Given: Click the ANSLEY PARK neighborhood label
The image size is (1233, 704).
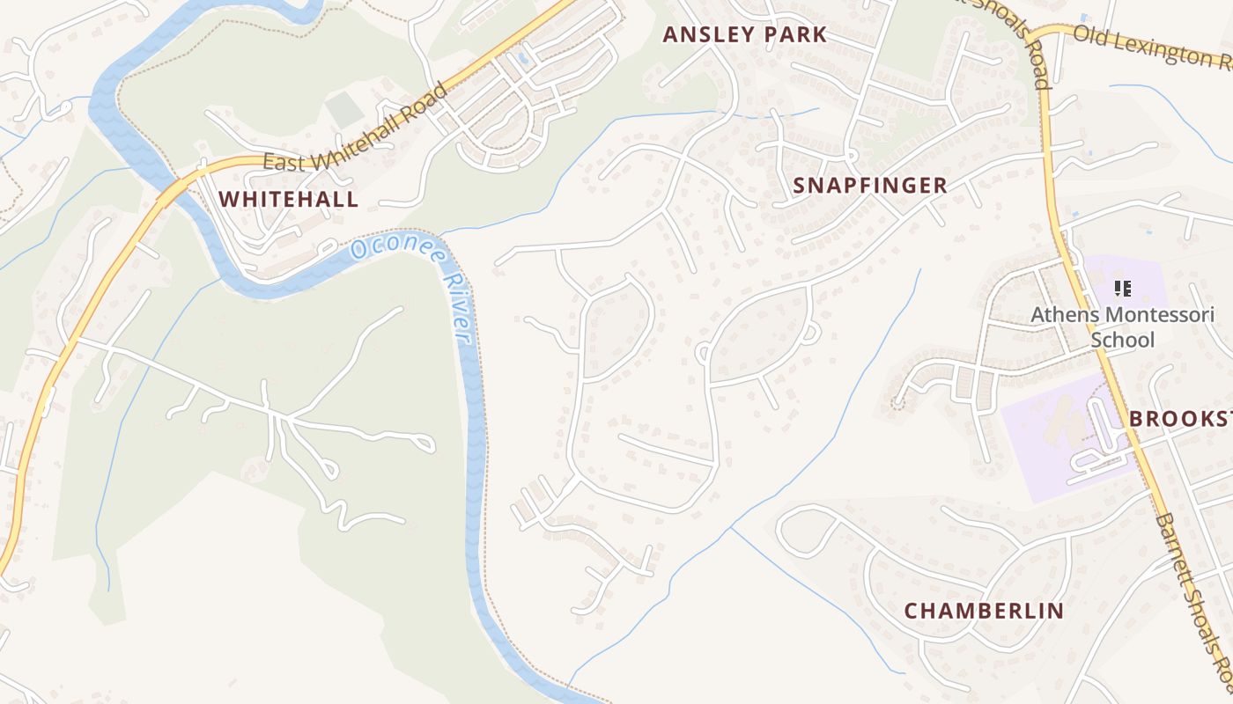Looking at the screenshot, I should coord(744,35).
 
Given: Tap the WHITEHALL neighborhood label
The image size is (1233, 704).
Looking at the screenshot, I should coord(288,199).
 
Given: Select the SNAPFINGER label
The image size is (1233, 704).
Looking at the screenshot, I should coord(869,186).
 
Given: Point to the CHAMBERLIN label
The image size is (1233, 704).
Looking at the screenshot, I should coord(984,611).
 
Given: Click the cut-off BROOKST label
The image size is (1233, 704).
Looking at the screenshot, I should coord(1180,419).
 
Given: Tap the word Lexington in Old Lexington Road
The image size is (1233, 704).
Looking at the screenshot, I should coord(1163,48).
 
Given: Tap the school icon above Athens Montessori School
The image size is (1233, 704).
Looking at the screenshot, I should coord(1122,288).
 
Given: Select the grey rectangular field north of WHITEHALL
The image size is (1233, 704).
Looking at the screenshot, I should coord(344,110).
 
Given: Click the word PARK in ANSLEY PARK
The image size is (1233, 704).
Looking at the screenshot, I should coord(794,35).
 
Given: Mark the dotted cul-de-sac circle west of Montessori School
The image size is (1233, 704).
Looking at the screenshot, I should coord(898,404).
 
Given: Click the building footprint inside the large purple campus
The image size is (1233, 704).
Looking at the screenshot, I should coord(1061,422).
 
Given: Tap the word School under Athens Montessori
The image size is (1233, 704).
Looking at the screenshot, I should coord(1122,340).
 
